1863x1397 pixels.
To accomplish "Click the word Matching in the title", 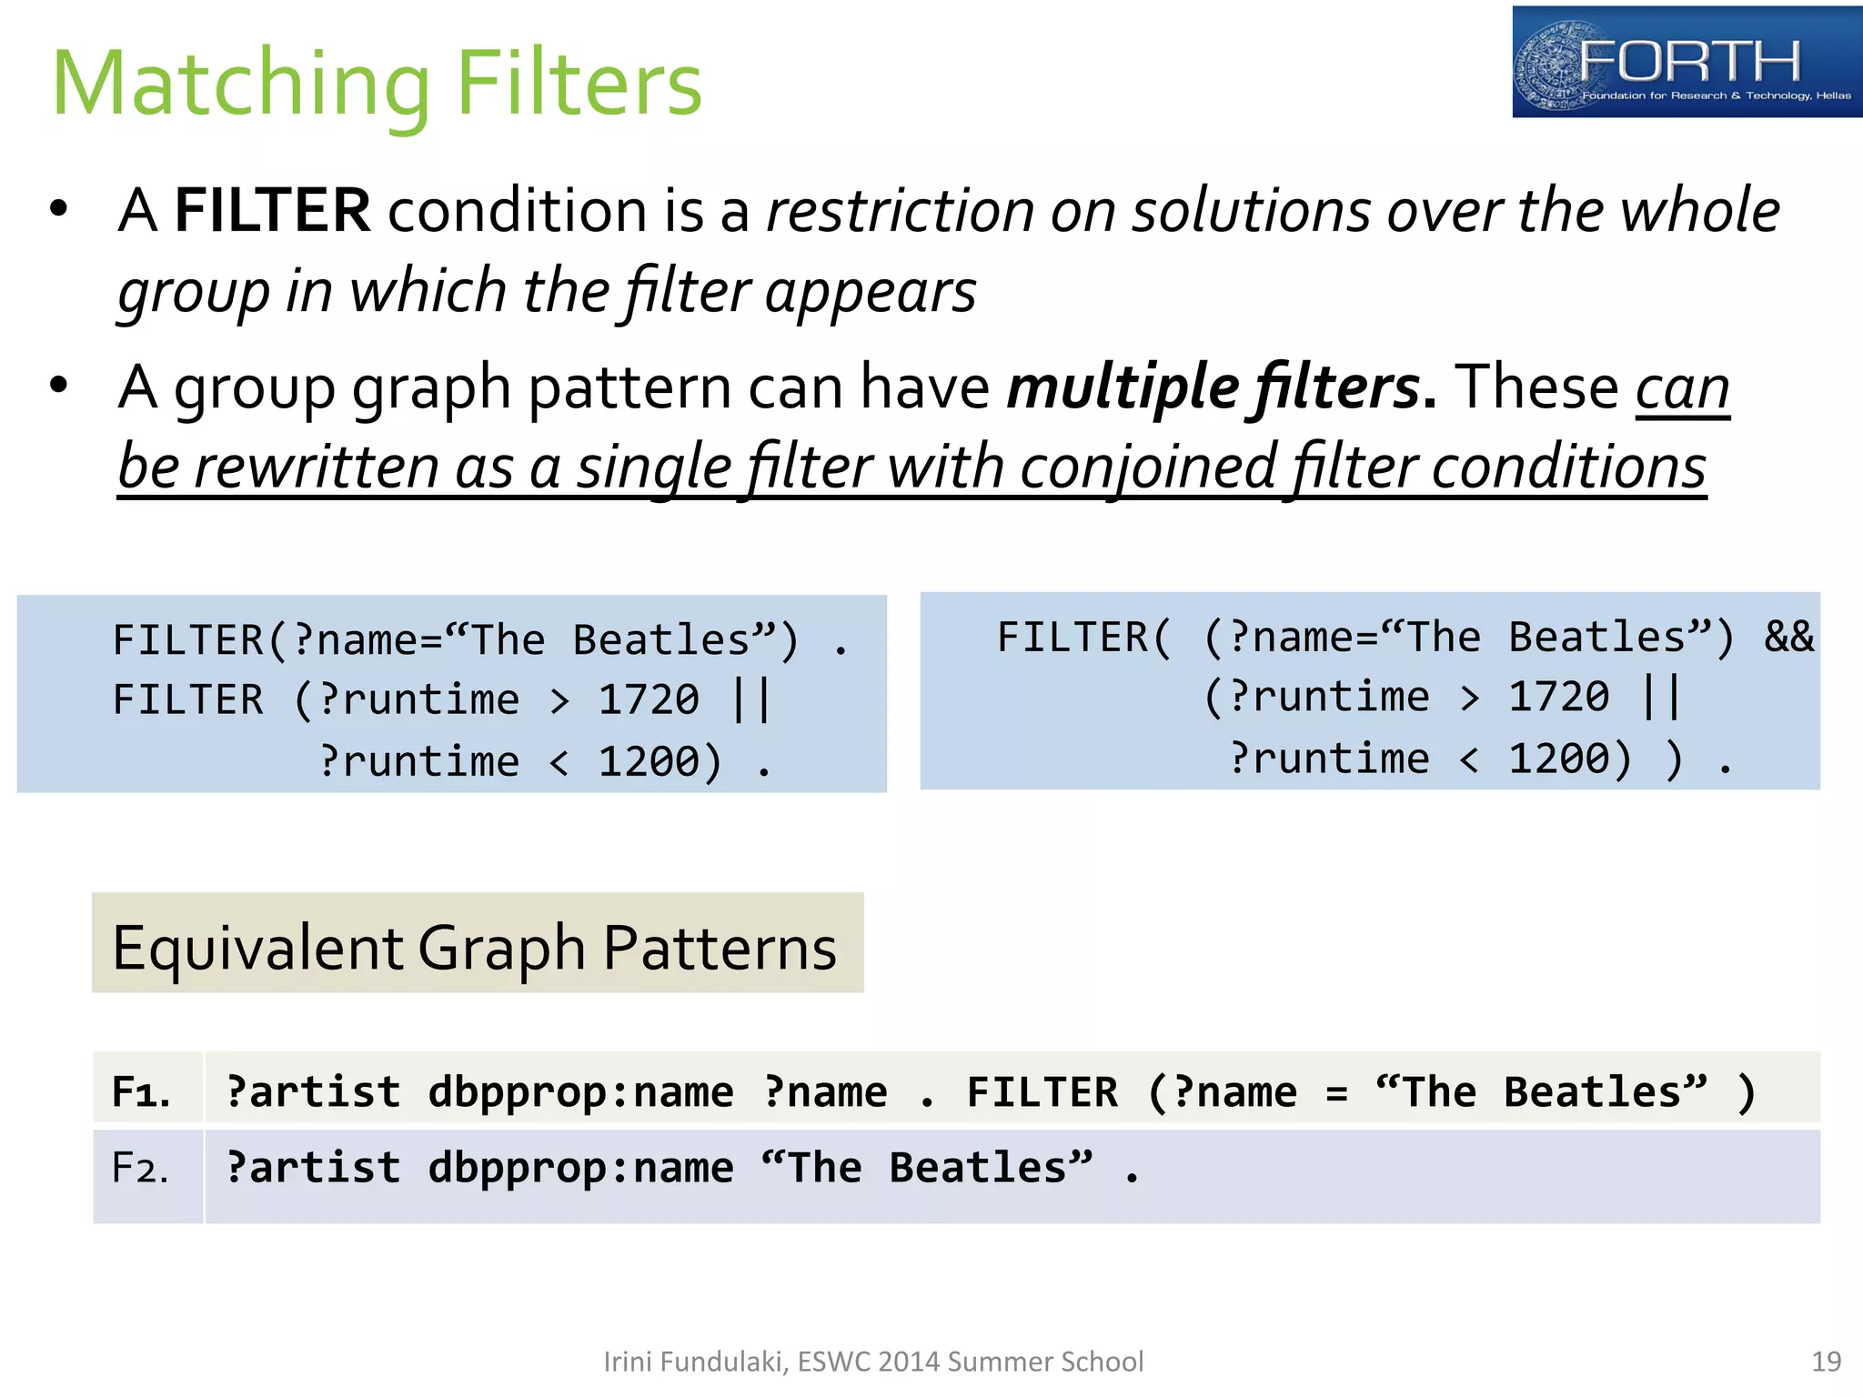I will pyautogui.click(x=241, y=85).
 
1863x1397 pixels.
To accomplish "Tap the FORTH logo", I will pyautogui.click(x=1687, y=62).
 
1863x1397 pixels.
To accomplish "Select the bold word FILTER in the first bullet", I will pyautogui.click(x=272, y=211).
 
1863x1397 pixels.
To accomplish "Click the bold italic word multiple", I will pyautogui.click(x=1123, y=387).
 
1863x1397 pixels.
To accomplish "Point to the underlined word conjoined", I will pyautogui.click(x=1149, y=467).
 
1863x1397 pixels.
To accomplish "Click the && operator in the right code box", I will pyautogui.click(x=1788, y=637).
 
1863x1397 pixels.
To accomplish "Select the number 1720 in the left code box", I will pyautogui.click(x=649, y=699).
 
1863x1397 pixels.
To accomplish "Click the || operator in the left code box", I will pyautogui.click(x=751, y=699).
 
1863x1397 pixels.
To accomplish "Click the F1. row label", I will pyautogui.click(x=141, y=1091).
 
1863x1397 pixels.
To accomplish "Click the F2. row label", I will pyautogui.click(x=140, y=1168).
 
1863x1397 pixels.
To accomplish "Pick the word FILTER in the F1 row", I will pyautogui.click(x=1042, y=1092).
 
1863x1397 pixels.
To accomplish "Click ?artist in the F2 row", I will pyautogui.click(x=313, y=1168).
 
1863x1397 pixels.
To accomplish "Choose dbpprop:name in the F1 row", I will pyautogui.click(x=580, y=1092).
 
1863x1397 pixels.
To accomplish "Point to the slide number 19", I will pyautogui.click(x=1826, y=1362).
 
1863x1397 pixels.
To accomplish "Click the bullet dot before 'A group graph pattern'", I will pyautogui.click(x=59, y=386).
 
